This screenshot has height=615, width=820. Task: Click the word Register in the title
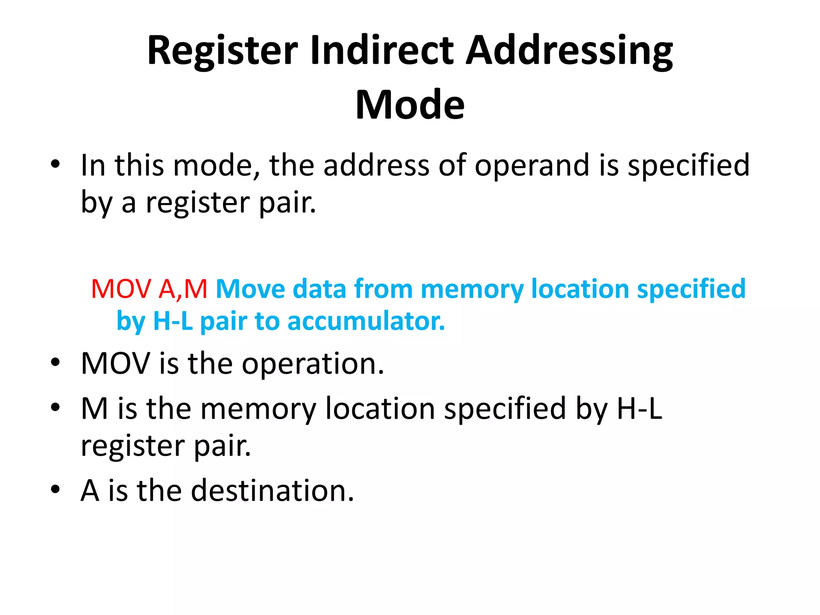[x=223, y=51]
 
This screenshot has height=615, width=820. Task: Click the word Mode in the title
[x=410, y=105]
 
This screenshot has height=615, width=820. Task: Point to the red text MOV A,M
[x=149, y=289]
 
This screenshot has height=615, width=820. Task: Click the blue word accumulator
[x=366, y=322]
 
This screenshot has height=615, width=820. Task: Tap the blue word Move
[x=251, y=289]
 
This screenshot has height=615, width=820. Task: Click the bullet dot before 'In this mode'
[x=55, y=164]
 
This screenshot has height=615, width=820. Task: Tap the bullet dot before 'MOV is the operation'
[x=55, y=362]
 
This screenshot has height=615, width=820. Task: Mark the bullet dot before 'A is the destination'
[x=55, y=489]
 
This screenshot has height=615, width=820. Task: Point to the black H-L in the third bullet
[x=639, y=409]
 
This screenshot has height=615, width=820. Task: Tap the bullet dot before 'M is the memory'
[x=55, y=408]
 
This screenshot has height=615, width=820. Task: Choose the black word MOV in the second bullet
[x=115, y=364]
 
